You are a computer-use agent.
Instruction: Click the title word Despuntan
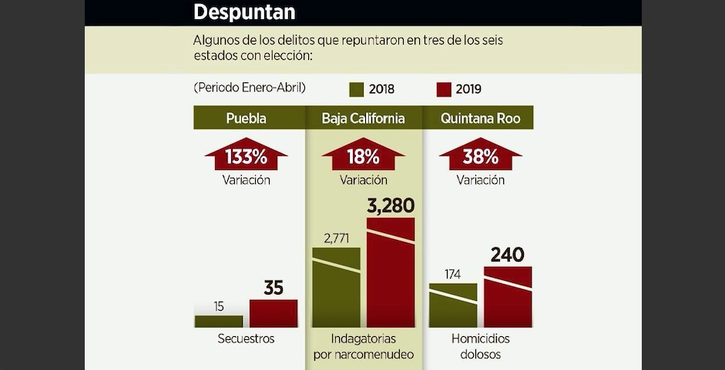pos(244,12)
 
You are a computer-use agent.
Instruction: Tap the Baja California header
pos(364,118)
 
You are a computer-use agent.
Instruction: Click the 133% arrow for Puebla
pos(246,154)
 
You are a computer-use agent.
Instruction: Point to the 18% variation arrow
pos(364,154)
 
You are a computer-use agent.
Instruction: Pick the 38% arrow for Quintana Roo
pos(481,154)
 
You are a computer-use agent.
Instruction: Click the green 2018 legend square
pos(357,89)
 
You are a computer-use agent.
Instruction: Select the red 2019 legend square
pos(444,89)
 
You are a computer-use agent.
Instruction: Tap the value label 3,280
pos(391,206)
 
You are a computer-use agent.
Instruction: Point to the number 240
pos(507,255)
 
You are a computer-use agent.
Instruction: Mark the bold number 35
pos(274,288)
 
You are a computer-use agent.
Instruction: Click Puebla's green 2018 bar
pos(219,322)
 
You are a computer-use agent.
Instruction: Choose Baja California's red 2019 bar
pos(391,272)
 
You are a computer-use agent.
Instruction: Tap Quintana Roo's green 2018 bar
pos(453,305)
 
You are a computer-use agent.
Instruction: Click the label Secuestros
pos(246,338)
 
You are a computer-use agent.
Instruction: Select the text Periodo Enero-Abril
pos(250,88)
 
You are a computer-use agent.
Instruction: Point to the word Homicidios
pos(481,338)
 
